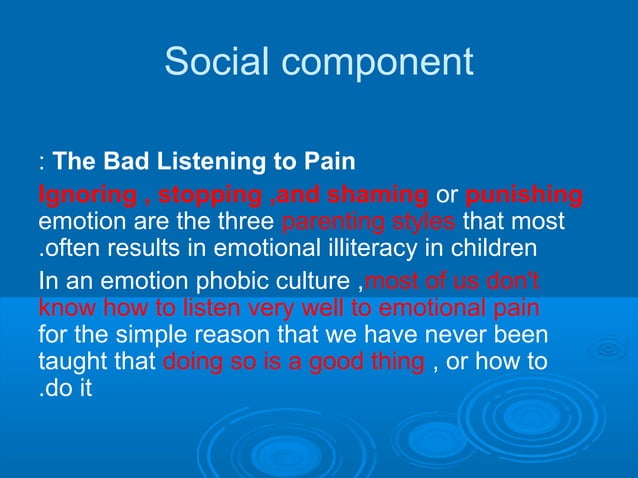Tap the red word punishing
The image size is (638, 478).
point(525,193)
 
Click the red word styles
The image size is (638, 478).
point(425,220)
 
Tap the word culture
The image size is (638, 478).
point(312,279)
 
